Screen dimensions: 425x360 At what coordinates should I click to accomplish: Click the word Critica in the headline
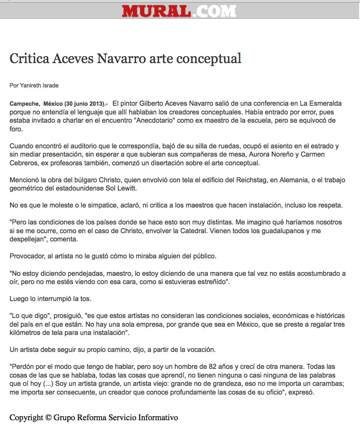tap(28, 58)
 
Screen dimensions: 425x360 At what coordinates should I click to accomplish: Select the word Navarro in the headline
tap(116, 58)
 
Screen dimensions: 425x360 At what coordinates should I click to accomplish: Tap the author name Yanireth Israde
tap(39, 86)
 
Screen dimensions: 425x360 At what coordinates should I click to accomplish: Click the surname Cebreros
tap(24, 163)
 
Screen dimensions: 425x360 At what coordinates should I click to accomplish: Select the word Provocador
tap(27, 256)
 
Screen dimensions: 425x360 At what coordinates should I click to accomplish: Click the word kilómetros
tap(27, 333)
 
